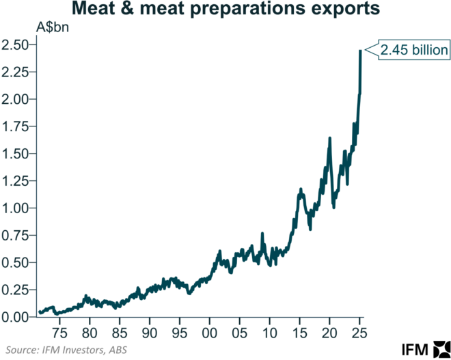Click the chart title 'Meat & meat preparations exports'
(225, 11)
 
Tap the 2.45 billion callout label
(415, 50)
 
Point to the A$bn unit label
(52, 29)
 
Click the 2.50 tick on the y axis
(15, 45)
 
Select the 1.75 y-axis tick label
(15, 126)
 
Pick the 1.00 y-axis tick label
(15, 208)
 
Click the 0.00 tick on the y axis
(15, 317)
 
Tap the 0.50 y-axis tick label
(15, 263)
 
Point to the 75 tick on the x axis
(60, 333)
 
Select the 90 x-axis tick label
(150, 333)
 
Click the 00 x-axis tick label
(210, 333)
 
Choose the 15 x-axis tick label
(299, 333)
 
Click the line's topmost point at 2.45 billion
(360, 51)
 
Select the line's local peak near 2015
(300, 189)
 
